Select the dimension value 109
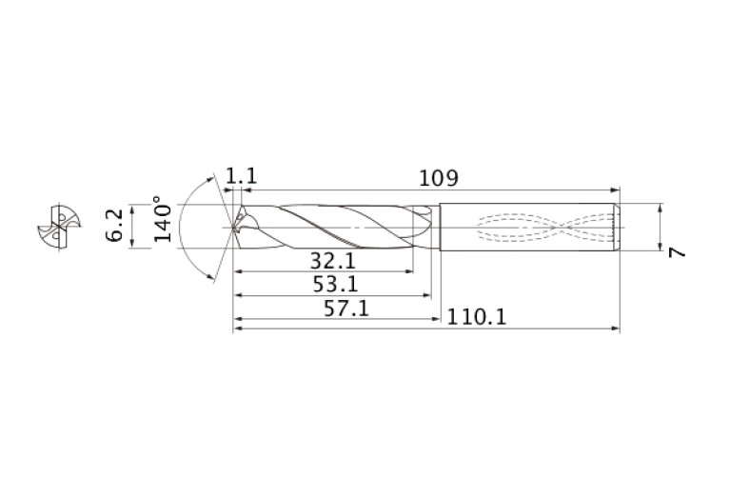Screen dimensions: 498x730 coord(439,178)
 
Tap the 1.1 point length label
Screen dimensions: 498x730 coord(242,177)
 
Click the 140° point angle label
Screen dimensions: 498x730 coord(163,221)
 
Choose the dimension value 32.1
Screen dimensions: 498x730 coord(333,260)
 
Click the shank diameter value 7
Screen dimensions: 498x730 coord(677,252)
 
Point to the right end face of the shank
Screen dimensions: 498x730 coord(619,228)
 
